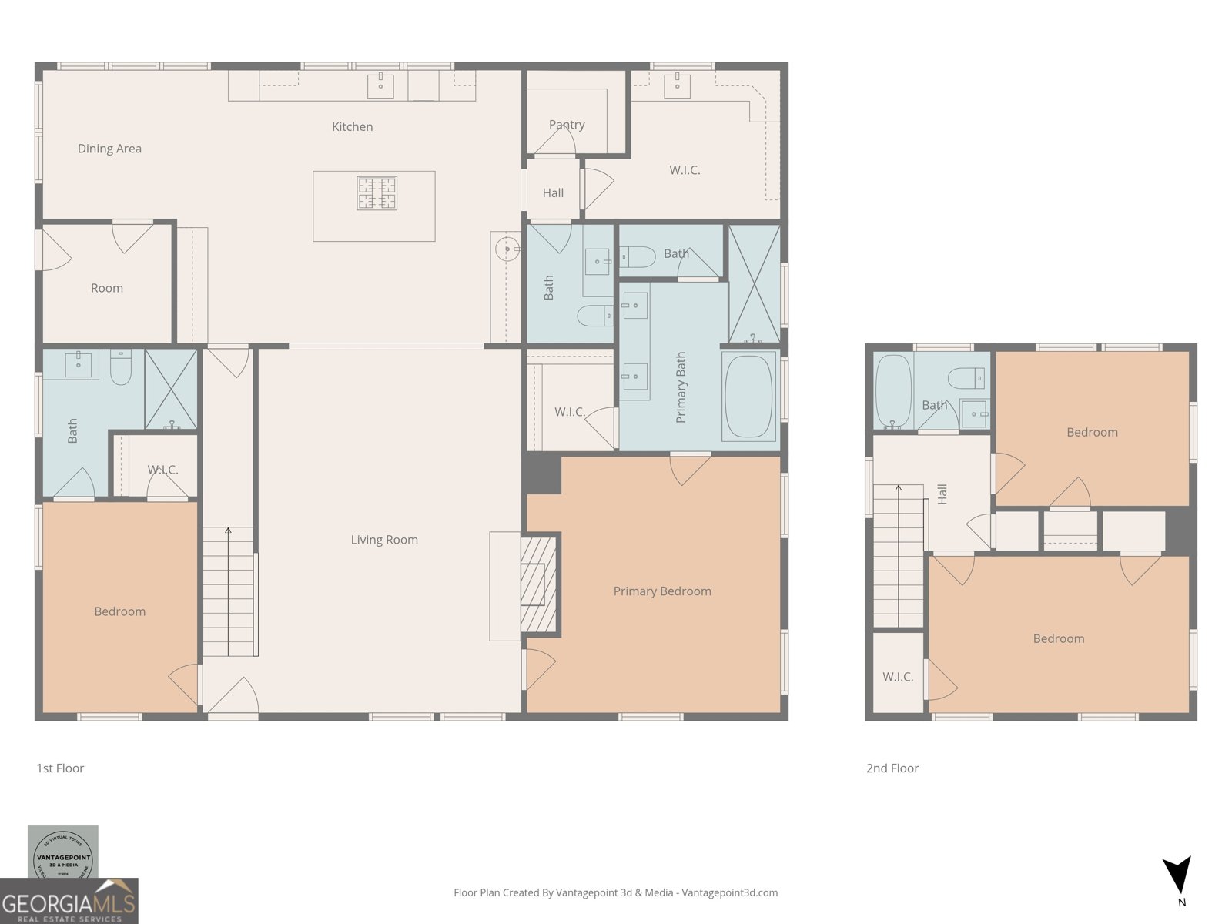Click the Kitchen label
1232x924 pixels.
tap(352, 127)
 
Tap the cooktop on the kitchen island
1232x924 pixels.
tap(377, 193)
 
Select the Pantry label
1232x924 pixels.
tap(567, 125)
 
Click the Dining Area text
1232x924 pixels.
tap(109, 149)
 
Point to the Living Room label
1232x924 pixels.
tap(384, 540)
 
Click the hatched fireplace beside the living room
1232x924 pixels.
tap(538, 583)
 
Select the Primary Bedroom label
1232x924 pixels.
tap(662, 591)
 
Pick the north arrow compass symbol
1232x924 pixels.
tap(1178, 875)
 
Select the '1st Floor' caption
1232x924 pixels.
tap(60, 768)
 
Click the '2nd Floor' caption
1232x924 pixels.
tap(892, 768)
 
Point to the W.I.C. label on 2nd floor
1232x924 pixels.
tap(898, 677)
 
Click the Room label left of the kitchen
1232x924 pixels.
tap(107, 288)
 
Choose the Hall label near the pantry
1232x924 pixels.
tap(553, 193)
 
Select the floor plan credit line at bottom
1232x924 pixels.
tap(615, 892)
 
